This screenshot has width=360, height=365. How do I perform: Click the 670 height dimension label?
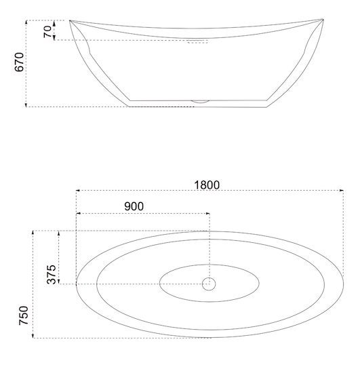tap(19, 62)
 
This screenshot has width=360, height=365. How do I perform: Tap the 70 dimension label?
tap(47, 32)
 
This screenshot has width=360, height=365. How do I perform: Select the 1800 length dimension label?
tap(207, 185)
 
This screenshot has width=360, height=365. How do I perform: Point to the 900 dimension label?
tap(134, 206)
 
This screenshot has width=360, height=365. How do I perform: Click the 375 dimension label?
tap(52, 275)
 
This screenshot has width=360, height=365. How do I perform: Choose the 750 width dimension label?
tap(24, 315)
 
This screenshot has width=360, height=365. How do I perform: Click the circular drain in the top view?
tap(209, 284)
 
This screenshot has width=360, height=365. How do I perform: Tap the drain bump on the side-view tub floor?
tap(200, 102)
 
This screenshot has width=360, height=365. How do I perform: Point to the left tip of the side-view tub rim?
tap(70, 21)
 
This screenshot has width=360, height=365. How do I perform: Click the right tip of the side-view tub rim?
tap(323, 19)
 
